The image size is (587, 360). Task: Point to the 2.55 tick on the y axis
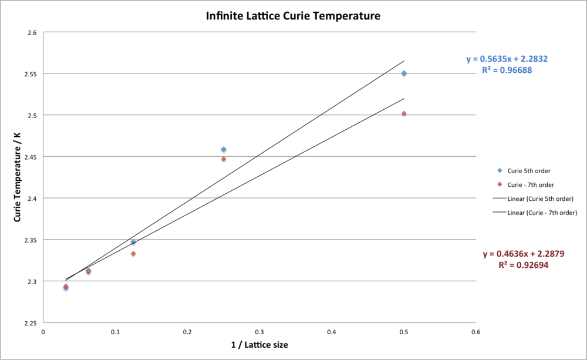29,74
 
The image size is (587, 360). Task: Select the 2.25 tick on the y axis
29,323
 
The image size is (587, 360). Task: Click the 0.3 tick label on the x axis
259,332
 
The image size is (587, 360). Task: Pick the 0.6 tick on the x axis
476,332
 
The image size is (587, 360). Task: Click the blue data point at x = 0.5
404,73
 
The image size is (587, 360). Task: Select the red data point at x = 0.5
404,113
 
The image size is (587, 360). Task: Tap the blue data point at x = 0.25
224,149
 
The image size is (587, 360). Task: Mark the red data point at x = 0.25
224,159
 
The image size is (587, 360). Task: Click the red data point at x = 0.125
133,254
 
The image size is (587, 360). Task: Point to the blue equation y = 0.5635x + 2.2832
507,59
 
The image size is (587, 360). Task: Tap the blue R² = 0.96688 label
507,70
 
